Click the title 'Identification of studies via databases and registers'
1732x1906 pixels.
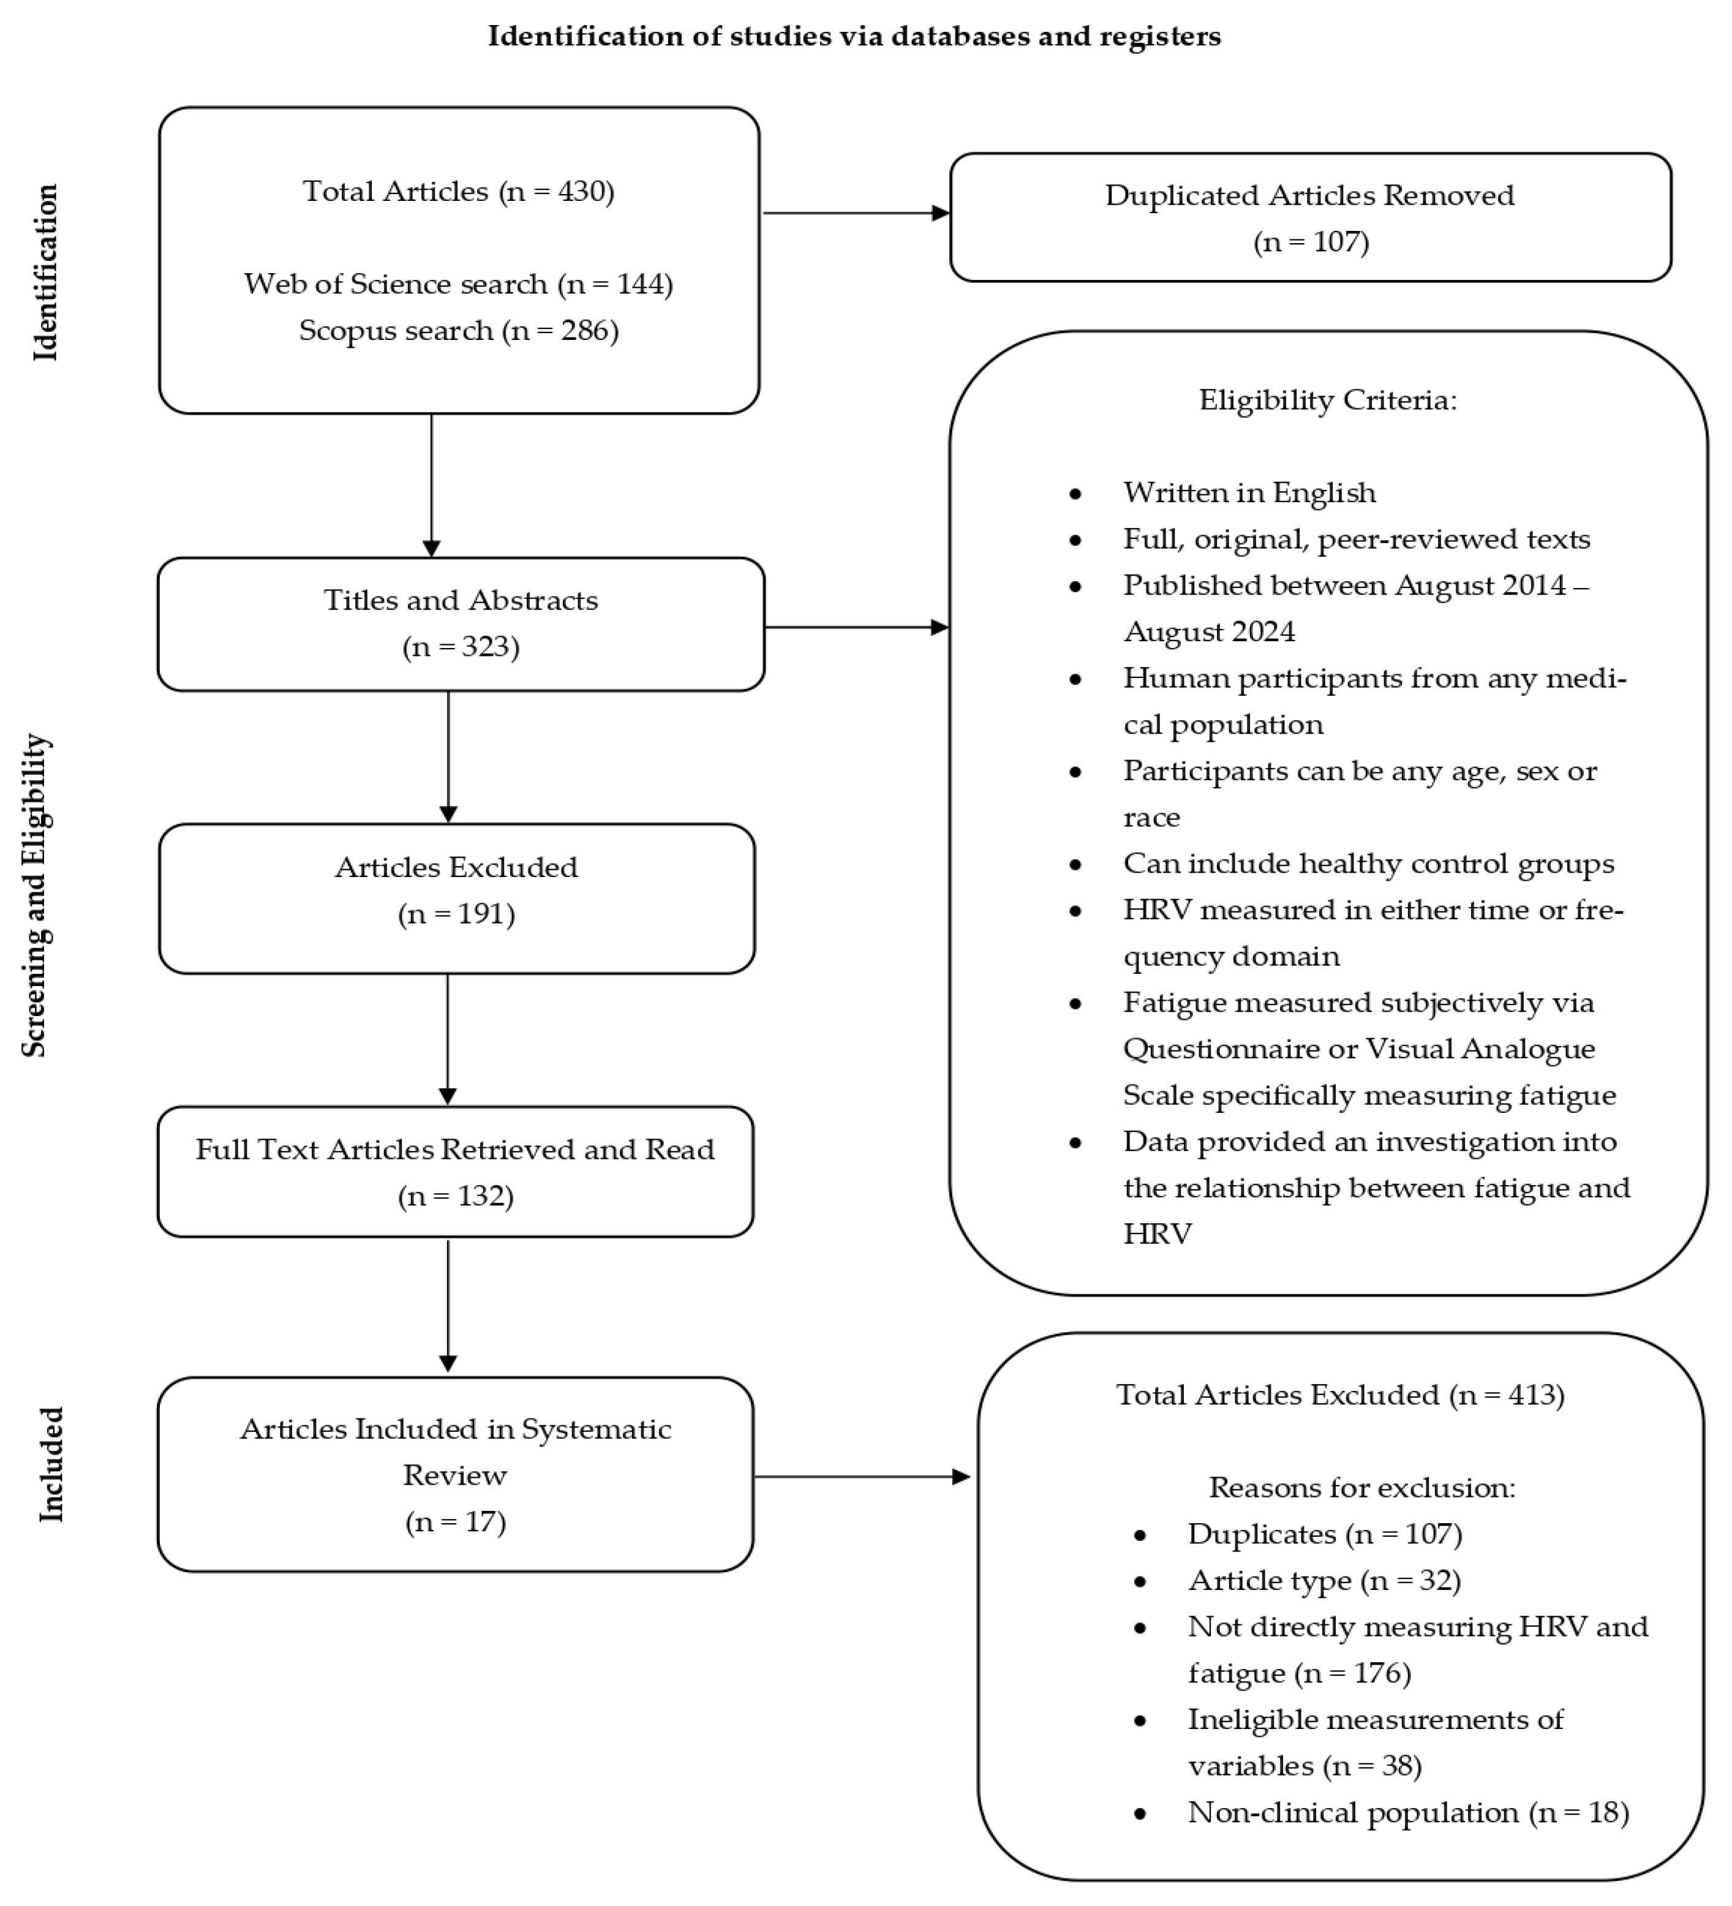point(854,36)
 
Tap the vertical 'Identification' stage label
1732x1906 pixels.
point(45,273)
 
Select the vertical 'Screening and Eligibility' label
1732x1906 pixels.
point(36,894)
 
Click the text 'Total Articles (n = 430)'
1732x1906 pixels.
point(459,192)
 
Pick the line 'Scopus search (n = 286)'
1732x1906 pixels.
point(459,331)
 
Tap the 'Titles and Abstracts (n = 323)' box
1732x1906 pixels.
point(461,624)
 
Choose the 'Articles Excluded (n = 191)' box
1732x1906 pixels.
point(457,898)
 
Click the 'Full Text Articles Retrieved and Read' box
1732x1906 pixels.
point(455,1172)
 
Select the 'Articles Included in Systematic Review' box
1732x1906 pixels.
point(455,1475)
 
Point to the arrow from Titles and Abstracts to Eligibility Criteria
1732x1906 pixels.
point(856,627)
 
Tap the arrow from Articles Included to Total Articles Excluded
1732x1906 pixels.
point(860,1477)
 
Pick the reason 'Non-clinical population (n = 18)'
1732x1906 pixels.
point(1408,1812)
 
